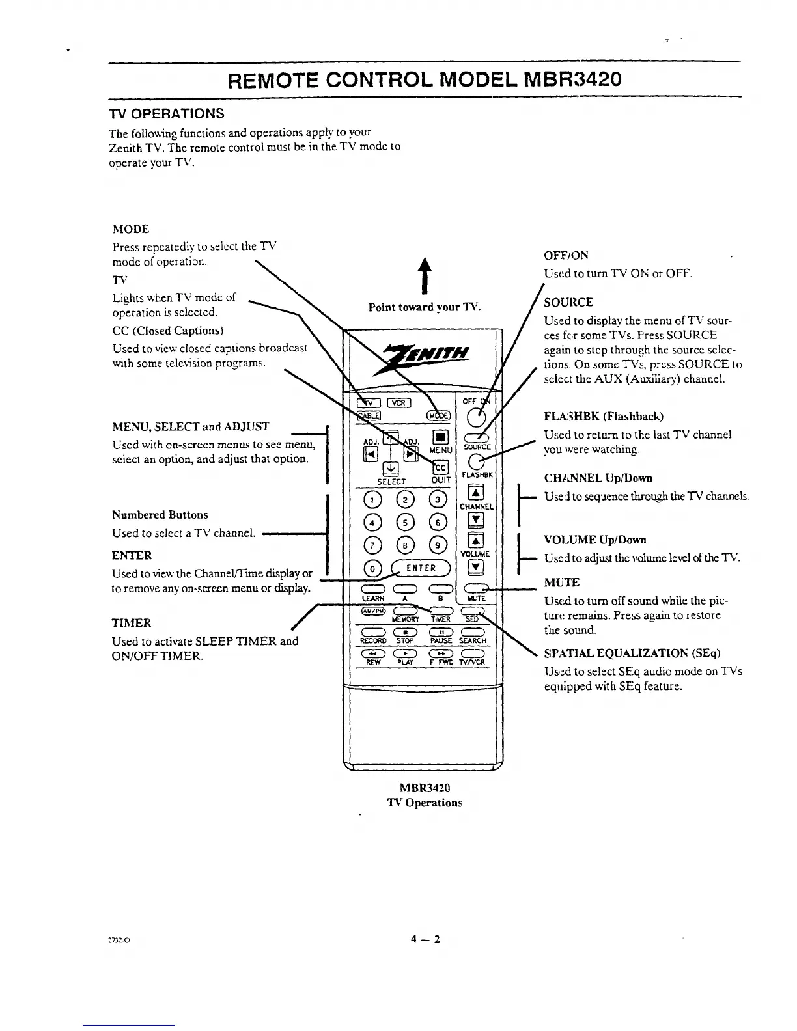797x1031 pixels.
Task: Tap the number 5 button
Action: coord(406,521)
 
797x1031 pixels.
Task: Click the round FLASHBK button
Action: coord(477,461)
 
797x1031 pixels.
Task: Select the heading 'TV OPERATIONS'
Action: coord(166,113)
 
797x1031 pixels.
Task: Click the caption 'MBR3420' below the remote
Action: coord(425,788)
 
